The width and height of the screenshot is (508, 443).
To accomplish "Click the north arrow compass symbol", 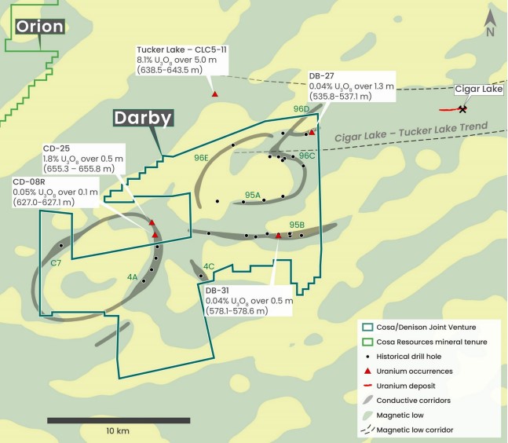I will (x=490, y=23).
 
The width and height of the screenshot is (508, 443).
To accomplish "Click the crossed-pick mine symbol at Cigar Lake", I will (x=462, y=109).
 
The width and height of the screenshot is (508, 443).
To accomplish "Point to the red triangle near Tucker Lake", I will (x=215, y=94).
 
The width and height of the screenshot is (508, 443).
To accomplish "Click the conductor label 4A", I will (x=132, y=277).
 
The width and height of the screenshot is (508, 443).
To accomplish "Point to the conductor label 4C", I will (x=209, y=266).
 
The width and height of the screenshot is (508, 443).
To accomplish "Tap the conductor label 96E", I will (x=201, y=157).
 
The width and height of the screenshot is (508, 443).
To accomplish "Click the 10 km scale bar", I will (x=118, y=420).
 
